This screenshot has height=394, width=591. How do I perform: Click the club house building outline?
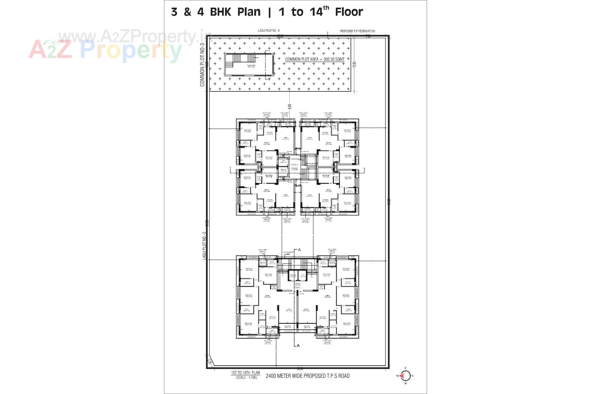click(249, 65)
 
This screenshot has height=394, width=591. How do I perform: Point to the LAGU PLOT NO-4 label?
click(269, 30)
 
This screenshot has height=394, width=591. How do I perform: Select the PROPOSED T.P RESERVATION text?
click(357, 31)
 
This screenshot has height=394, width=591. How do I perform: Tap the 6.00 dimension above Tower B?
click(289, 107)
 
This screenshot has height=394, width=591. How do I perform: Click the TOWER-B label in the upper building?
click(295, 165)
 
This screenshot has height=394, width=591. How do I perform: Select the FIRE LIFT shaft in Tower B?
click(283, 170)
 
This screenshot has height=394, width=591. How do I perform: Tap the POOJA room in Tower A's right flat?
click(321, 287)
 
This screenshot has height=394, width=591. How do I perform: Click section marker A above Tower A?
click(299, 250)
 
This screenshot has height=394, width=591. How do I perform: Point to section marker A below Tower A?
click(298, 345)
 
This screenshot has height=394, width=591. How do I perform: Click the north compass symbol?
click(405, 376)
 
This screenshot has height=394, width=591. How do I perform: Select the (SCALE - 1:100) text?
click(246, 377)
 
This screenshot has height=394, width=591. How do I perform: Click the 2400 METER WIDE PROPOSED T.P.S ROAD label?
click(308, 376)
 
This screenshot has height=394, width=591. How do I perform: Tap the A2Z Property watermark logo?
click(105, 49)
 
